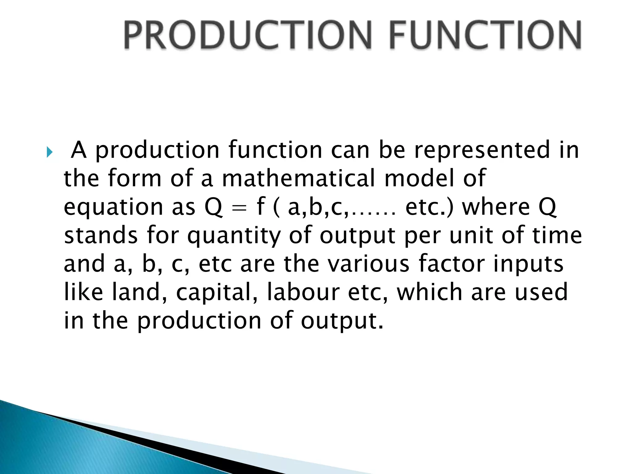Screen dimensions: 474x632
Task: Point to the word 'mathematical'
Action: click(298, 178)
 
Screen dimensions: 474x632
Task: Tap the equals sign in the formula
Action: click(239, 208)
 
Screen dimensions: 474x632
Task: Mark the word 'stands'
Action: click(101, 235)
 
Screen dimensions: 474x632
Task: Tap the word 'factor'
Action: click(451, 264)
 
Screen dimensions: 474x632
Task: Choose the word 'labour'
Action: click(303, 292)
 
